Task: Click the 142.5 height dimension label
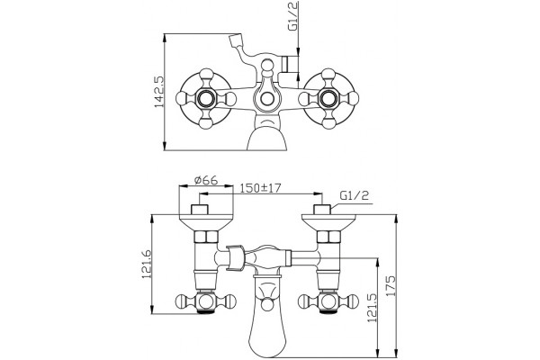(159, 92)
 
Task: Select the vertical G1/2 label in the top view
(292, 16)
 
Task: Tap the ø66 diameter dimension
(206, 180)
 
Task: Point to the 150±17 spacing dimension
(261, 188)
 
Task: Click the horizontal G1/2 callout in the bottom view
(355, 195)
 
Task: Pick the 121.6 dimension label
(147, 264)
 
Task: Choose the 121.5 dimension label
(372, 308)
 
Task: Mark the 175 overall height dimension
(391, 285)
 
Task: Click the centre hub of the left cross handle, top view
(206, 99)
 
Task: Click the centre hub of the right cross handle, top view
(328, 99)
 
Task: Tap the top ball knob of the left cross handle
(206, 75)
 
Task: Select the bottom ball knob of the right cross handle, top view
(328, 123)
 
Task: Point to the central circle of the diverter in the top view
(266, 99)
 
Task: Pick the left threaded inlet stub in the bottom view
(200, 210)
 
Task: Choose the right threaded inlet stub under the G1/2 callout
(322, 210)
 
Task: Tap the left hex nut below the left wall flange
(206, 237)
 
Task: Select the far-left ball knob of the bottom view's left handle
(181, 301)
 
